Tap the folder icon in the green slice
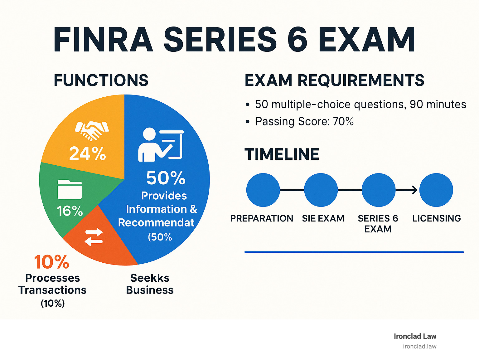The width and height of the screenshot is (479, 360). (x=70, y=189)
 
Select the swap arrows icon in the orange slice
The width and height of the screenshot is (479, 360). (x=94, y=237)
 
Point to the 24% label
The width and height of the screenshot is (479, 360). (x=87, y=153)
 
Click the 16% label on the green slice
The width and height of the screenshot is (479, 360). (x=70, y=211)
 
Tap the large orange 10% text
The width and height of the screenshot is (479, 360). (x=51, y=262)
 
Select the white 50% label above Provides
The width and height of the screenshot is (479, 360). (x=166, y=178)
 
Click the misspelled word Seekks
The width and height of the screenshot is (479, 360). (x=150, y=278)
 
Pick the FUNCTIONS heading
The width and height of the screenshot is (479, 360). (x=101, y=80)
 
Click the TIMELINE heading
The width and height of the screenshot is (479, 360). (x=282, y=154)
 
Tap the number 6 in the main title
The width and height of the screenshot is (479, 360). (x=297, y=40)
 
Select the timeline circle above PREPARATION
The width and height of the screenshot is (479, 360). (x=263, y=190)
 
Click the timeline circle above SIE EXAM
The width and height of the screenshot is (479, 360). (x=321, y=190)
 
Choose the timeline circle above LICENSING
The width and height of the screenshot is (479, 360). (x=436, y=190)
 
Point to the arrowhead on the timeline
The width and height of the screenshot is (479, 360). (x=414, y=190)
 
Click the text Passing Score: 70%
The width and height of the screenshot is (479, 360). (x=304, y=121)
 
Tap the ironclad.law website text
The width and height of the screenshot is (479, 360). (x=419, y=346)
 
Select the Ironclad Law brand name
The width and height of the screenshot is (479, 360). (x=415, y=336)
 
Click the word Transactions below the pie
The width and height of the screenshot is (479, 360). (x=52, y=290)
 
